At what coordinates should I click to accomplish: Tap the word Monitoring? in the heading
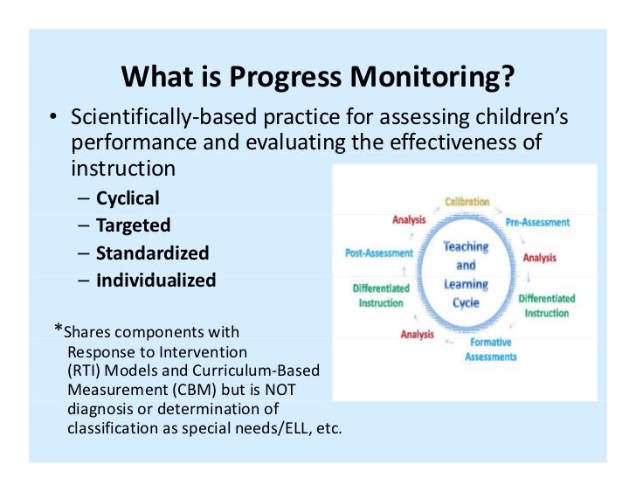(x=432, y=78)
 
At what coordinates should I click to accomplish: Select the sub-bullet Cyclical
(x=128, y=198)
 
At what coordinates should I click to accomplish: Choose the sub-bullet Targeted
(x=132, y=225)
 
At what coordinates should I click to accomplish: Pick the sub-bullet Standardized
(x=153, y=253)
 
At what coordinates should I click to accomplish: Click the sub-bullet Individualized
(x=156, y=281)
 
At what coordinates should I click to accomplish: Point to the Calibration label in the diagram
(x=467, y=202)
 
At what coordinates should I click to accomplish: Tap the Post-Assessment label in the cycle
(x=379, y=253)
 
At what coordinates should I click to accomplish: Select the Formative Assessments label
(x=490, y=350)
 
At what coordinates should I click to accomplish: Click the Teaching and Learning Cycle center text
(x=466, y=274)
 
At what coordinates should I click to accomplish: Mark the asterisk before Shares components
(x=59, y=329)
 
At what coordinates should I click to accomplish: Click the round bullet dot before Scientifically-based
(x=53, y=118)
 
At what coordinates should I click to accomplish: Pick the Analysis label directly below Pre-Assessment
(x=539, y=259)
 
